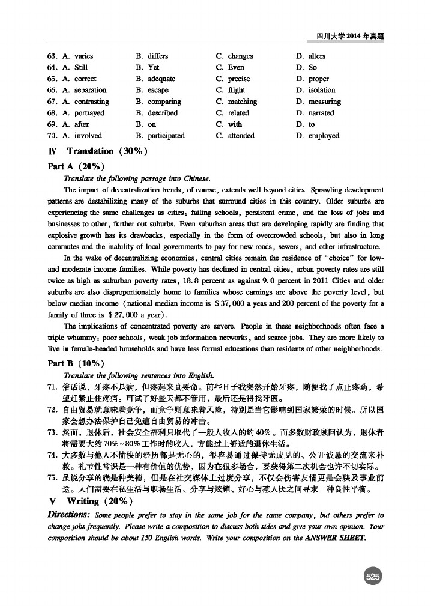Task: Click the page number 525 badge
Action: pos(373,577)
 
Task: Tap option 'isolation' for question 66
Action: pos(322,90)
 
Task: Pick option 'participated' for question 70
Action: pos(166,136)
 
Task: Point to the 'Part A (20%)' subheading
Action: pos(76,166)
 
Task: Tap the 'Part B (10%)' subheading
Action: pos(76,363)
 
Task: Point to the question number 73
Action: pos(53,432)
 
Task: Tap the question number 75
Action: pos(53,477)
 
